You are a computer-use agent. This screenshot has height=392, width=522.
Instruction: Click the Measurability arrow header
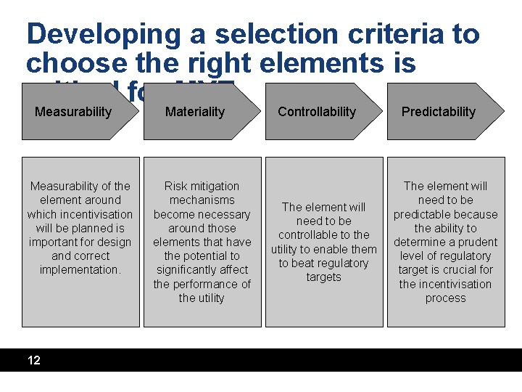(73, 112)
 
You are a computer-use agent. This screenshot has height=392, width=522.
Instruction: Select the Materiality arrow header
(195, 112)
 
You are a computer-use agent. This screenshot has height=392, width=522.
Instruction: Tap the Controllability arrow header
(317, 112)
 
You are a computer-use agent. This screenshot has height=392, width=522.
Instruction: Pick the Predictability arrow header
(439, 112)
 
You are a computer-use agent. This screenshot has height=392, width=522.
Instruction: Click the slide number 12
(34, 360)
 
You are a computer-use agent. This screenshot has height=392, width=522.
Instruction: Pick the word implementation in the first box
(80, 270)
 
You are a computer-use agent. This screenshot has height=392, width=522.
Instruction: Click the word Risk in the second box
(177, 187)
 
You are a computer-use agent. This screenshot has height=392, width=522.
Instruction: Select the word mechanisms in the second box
(202, 200)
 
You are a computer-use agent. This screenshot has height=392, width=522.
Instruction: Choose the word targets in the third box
(323, 277)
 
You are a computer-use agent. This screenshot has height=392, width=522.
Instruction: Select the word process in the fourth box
(445, 298)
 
